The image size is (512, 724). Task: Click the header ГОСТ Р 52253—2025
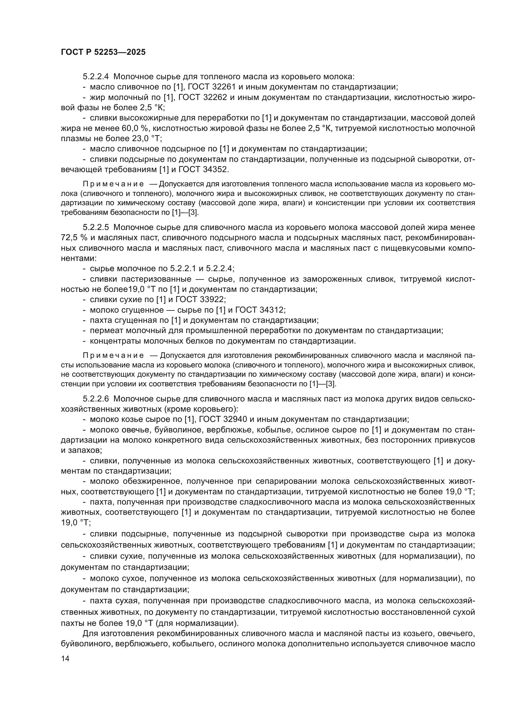click(103, 52)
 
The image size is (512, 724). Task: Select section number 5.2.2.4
click(96, 77)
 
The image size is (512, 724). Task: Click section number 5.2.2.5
click(96, 228)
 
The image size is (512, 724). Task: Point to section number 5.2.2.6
click(96, 399)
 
